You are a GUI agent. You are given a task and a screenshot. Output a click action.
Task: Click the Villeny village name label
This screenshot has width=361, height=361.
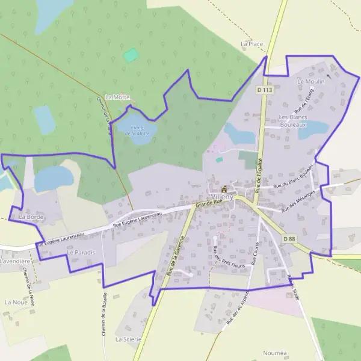223,197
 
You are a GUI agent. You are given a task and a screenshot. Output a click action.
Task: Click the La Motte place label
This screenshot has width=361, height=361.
117,97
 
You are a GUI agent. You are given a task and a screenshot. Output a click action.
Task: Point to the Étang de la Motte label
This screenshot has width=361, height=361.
137,130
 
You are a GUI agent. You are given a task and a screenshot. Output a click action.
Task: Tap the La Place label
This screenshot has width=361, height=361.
252,44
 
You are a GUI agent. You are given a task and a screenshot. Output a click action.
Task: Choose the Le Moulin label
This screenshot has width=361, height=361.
310,81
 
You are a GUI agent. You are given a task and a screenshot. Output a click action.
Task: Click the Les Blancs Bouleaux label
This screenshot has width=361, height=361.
293,120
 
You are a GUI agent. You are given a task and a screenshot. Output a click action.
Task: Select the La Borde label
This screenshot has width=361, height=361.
29,216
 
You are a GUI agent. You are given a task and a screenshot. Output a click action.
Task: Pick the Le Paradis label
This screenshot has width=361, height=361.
81,253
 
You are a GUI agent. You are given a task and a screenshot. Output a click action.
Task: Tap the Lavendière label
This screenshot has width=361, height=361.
15,262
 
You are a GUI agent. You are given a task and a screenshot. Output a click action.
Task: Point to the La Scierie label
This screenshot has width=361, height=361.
128,339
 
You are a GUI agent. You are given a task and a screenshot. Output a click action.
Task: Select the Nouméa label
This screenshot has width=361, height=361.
276,353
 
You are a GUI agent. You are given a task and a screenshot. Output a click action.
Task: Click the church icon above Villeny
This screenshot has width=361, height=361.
224,188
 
